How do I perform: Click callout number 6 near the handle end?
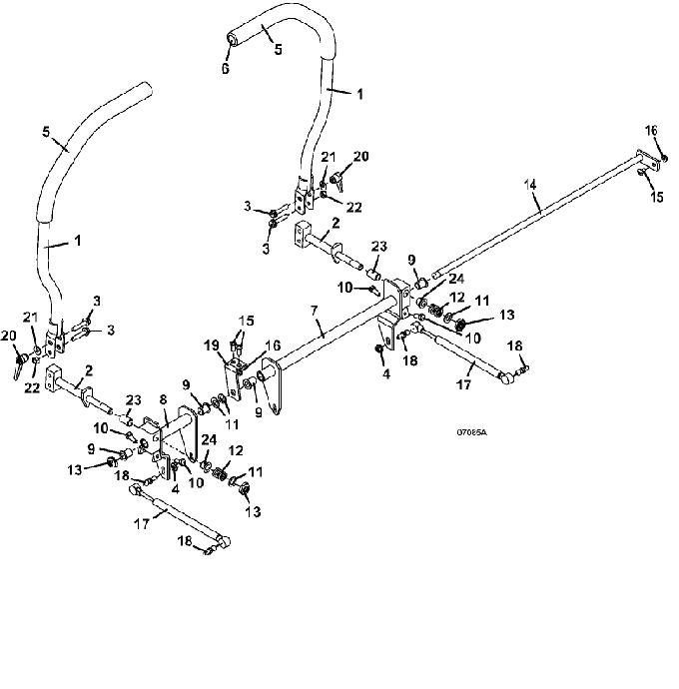(226, 69)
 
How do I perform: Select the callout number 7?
(316, 326)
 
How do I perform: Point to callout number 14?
(530, 184)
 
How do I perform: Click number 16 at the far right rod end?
(650, 130)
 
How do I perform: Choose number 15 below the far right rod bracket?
(657, 198)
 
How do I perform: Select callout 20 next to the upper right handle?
(360, 156)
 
